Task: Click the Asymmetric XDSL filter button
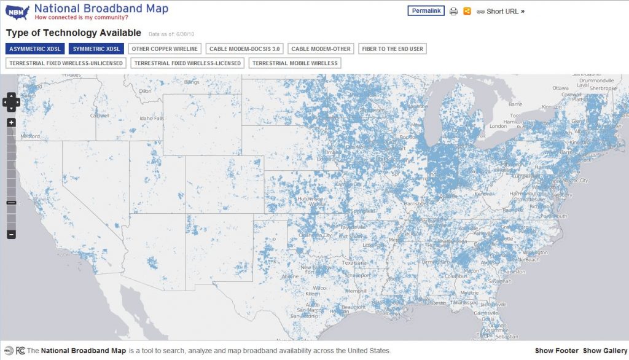point(34,49)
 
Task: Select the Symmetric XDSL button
point(96,49)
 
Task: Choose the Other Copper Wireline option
point(165,49)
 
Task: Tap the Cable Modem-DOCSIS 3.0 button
point(244,49)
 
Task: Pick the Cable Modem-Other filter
point(321,49)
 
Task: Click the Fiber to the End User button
point(392,49)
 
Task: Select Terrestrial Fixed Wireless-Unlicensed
point(66,63)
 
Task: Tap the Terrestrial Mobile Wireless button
point(294,63)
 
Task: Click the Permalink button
point(426,11)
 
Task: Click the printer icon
point(453,11)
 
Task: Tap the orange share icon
point(467,11)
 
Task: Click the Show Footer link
point(556,351)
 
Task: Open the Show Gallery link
point(605,351)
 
